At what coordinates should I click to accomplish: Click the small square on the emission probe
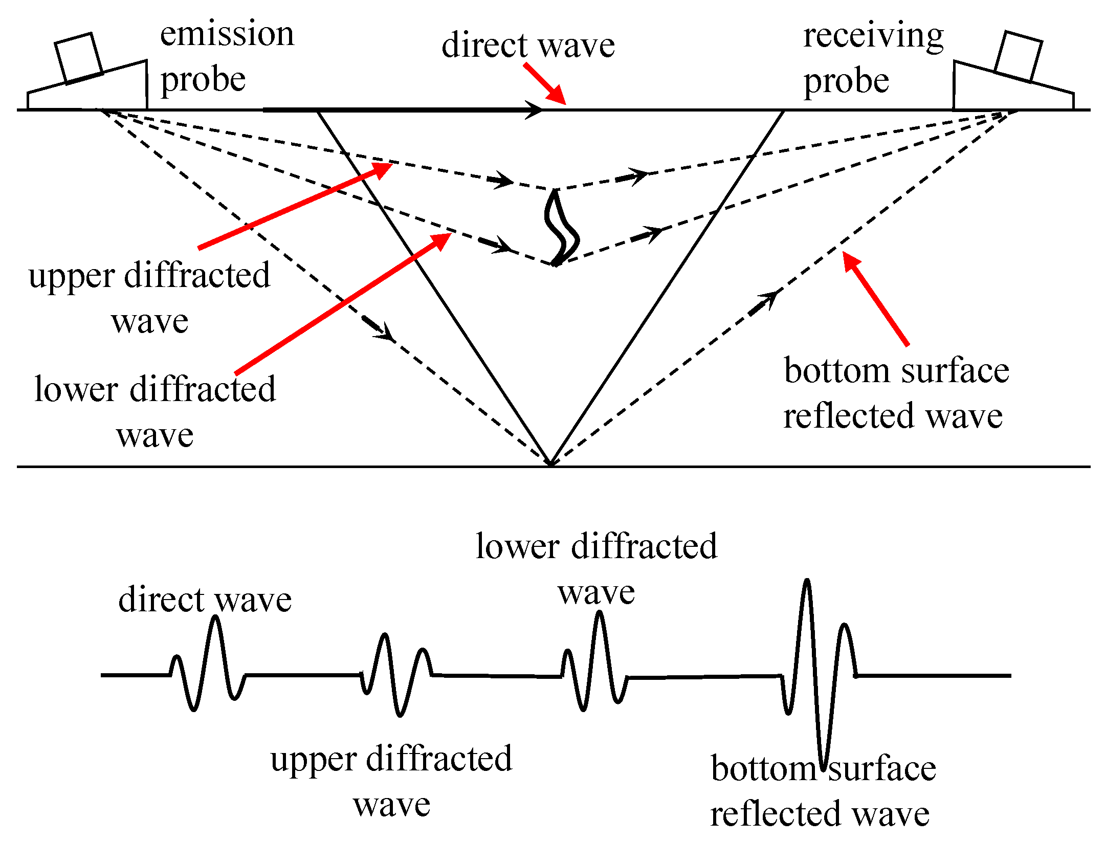(x=78, y=57)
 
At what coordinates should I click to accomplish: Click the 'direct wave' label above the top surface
(x=527, y=45)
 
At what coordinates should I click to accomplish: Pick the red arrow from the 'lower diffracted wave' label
(x=343, y=304)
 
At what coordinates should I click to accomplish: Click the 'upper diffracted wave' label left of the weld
(x=149, y=298)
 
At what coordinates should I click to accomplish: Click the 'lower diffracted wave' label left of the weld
(x=155, y=411)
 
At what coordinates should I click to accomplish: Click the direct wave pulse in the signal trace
(x=207, y=665)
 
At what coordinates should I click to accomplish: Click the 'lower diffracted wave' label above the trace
(x=596, y=568)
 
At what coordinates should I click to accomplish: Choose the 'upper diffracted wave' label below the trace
(x=391, y=781)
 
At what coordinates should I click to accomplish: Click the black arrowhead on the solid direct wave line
(x=535, y=110)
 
